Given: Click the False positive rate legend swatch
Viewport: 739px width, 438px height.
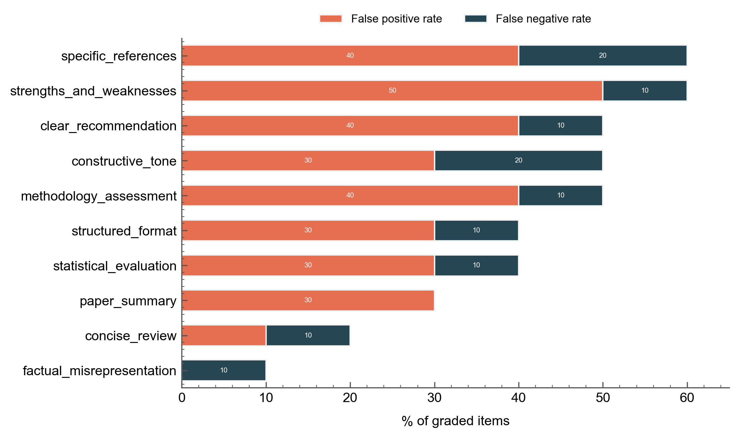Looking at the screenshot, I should [x=331, y=19].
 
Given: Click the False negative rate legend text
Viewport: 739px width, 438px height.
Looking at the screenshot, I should [x=543, y=19].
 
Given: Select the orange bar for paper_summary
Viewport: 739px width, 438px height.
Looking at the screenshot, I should [x=308, y=300].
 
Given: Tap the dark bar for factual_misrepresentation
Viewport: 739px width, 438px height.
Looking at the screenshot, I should [x=224, y=370].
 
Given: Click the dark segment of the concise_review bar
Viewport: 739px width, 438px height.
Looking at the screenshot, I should [x=308, y=335].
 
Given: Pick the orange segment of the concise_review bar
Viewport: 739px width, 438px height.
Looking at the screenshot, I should [x=224, y=335].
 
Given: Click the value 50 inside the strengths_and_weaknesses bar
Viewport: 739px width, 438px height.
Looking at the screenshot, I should [x=392, y=90].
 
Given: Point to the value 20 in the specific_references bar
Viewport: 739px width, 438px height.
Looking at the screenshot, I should [x=602, y=55].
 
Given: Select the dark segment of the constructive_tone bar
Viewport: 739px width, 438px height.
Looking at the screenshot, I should [x=518, y=161].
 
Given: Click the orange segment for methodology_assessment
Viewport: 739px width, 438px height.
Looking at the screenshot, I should [x=350, y=195].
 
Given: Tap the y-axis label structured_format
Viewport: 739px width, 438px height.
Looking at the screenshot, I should [x=124, y=231].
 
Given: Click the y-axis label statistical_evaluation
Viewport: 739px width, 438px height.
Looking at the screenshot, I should [x=115, y=266].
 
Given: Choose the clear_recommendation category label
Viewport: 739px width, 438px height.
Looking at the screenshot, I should [x=108, y=126].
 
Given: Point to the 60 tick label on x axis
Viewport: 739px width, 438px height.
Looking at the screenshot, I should [x=687, y=398].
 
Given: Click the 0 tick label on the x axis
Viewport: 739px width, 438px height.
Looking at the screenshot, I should [x=182, y=398].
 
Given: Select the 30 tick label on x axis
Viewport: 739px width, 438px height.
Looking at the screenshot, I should [x=434, y=398].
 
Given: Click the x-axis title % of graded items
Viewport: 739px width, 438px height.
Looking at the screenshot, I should [x=455, y=421].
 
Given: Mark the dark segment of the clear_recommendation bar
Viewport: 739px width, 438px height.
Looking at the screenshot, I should [x=560, y=126].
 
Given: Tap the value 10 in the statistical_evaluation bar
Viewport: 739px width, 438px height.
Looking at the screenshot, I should [x=476, y=265].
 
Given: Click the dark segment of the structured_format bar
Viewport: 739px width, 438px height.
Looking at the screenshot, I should [x=476, y=230].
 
